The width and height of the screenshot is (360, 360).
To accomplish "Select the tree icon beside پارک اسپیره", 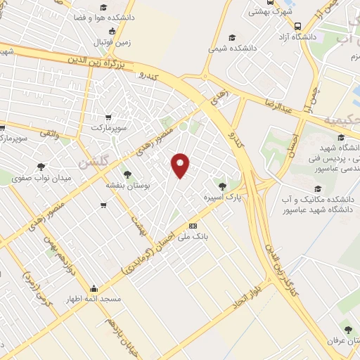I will point(222,186).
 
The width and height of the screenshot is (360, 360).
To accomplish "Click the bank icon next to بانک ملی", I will point(193,226).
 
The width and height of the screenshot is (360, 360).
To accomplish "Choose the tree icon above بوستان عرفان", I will point(346,328).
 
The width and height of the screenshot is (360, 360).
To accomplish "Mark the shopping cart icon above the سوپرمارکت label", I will point(108,117).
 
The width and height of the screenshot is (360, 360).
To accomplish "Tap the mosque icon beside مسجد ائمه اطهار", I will point(94,288).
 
